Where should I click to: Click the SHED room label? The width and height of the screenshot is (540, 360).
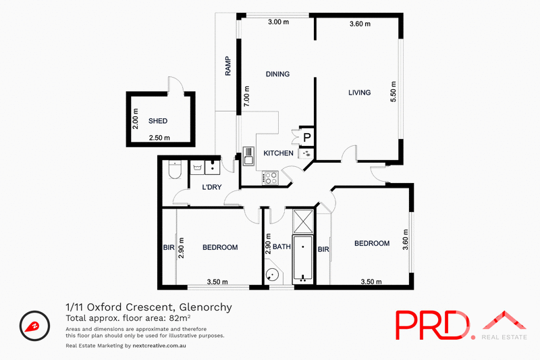pos(158,122)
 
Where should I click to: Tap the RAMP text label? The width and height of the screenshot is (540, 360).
pos(228,66)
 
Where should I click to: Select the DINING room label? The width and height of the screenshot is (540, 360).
pos(277,74)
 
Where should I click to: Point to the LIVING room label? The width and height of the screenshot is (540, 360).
pos(359,93)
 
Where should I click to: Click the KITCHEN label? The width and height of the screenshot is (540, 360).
pos(278,153)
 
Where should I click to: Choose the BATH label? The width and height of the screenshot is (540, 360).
pos(281,247)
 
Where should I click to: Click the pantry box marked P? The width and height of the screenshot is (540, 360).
pos(306,137)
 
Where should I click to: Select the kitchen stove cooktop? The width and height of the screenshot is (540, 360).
pos(270,178)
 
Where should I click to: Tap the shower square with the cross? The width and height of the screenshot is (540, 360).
pos(303,220)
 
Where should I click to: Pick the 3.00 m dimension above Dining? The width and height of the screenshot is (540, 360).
pos(278,22)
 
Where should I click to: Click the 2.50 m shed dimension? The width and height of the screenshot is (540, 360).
pos(159,138)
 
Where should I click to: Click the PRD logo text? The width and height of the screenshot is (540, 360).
pos(432,325)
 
